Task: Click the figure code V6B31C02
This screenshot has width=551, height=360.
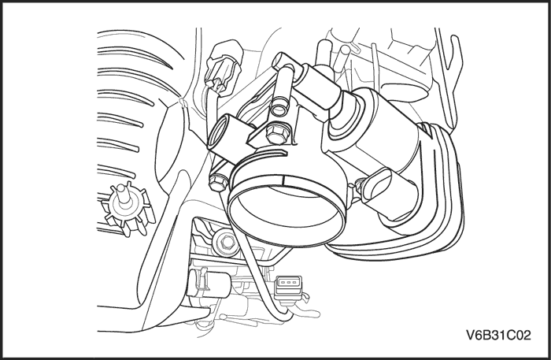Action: click(498, 335)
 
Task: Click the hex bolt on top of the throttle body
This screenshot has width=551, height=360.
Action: click(277, 134)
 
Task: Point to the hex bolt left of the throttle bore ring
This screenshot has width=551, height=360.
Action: click(216, 182)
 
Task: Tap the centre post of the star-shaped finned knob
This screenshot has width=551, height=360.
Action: click(122, 194)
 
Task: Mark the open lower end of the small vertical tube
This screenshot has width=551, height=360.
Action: click(279, 109)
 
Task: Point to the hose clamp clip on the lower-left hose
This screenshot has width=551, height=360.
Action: click(201, 280)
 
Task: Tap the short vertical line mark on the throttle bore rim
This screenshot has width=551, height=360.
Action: click(283, 180)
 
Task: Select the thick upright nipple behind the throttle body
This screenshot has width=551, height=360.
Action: click(322, 55)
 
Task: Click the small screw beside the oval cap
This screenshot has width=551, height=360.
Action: click(359, 184)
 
